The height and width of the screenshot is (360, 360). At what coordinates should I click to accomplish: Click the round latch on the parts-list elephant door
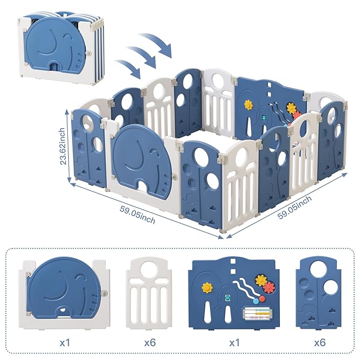coord(105,291)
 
